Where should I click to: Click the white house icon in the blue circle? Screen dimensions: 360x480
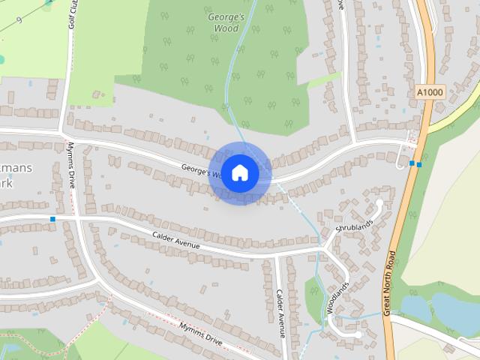[239, 172]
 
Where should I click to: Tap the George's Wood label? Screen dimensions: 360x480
[226, 22]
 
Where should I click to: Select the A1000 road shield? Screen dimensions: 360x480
[430, 92]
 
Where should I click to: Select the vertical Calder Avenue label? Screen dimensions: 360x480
[280, 312]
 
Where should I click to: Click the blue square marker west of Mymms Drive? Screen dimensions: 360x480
[52, 219]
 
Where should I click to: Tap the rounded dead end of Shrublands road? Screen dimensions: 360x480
[379, 202]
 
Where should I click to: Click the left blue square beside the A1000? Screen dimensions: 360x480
[412, 163]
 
